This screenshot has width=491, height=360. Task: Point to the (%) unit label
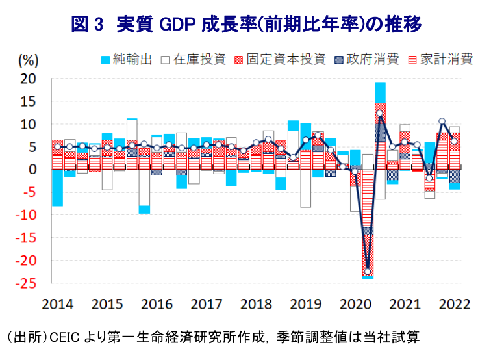pos(29,60)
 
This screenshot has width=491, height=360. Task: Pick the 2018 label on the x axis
pos(256,305)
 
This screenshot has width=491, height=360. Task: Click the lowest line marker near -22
pos(368,272)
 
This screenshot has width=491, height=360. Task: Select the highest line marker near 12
pos(380,114)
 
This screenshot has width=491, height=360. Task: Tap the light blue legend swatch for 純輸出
pos(104,60)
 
